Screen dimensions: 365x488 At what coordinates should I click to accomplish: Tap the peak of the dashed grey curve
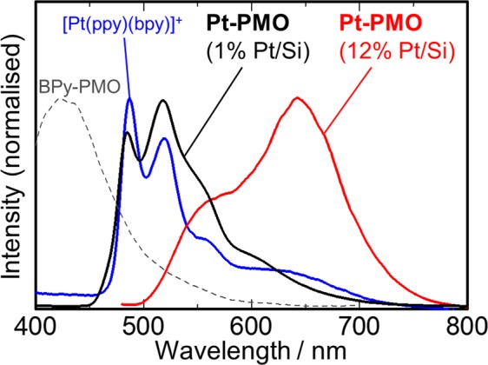62,98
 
